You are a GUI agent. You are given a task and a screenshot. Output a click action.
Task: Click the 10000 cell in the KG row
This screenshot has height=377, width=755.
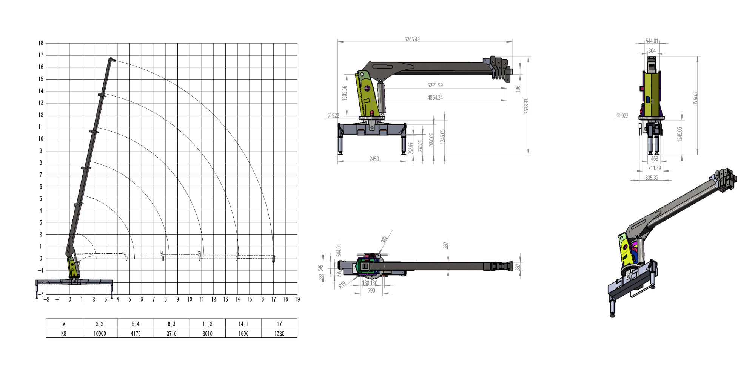(100, 333)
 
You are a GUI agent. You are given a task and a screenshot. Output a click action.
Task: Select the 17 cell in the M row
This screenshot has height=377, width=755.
(279, 324)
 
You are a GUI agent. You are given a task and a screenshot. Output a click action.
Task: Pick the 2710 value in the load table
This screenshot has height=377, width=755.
(171, 333)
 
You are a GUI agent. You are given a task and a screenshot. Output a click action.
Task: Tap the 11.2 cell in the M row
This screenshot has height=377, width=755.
(207, 324)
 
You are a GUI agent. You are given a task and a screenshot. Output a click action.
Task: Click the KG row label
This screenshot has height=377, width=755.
(64, 333)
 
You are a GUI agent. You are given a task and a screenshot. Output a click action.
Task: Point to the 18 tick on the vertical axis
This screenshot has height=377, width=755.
(41, 43)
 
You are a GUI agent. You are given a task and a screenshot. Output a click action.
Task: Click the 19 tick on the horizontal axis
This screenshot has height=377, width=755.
(297, 299)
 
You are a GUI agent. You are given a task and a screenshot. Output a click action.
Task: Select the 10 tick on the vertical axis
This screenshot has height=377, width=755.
(41, 139)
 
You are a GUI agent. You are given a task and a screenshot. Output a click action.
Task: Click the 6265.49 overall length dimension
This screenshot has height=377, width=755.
(412, 39)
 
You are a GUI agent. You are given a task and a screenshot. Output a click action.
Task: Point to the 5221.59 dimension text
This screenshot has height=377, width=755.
(435, 85)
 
